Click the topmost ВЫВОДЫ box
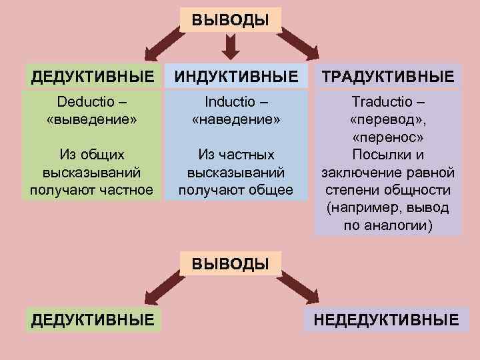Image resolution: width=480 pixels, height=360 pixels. [231, 19]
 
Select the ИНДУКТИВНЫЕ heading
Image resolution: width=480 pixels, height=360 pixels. [237, 76]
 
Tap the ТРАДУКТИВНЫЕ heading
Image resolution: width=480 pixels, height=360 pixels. [388, 76]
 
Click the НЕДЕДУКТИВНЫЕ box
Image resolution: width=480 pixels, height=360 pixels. [387, 320]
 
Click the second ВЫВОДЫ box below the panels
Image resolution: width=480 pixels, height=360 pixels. [231, 263]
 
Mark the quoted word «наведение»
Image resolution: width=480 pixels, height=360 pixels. [237, 121]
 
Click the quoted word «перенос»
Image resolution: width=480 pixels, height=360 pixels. [388, 138]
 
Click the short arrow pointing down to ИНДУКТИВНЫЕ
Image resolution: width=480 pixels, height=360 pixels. [231, 45]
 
